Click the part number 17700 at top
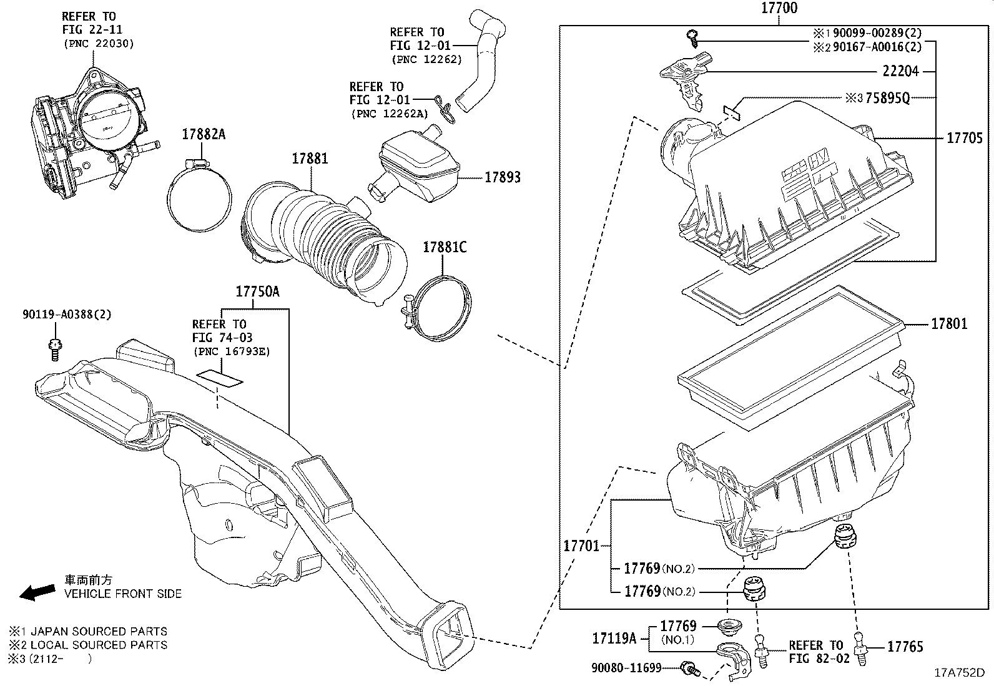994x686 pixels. pos(779,9)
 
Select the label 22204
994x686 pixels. pos(900,71)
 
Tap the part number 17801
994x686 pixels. pos(949,323)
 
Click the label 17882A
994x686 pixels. pos(204,134)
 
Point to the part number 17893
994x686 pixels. pos(503,177)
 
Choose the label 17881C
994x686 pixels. pos(445,247)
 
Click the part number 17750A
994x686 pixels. pos(257,292)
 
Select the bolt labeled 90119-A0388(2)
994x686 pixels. pos(54,348)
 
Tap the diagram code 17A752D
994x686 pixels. pos(958,673)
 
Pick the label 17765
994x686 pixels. pos(905,647)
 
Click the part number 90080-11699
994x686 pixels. pos(626,668)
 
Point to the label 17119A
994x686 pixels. pos(614,638)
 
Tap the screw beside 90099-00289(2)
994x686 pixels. pos(692,37)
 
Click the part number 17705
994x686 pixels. pos(964,138)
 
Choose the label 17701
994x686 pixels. pos(581,546)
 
